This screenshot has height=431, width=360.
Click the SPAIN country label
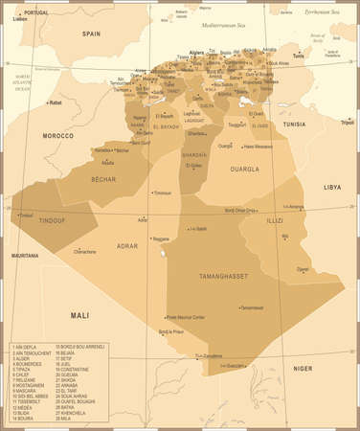pos(91,33)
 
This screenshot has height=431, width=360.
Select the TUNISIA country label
pos(292,124)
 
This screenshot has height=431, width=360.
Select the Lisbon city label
pos(20,19)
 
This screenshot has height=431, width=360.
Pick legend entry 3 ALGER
pos(24,359)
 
